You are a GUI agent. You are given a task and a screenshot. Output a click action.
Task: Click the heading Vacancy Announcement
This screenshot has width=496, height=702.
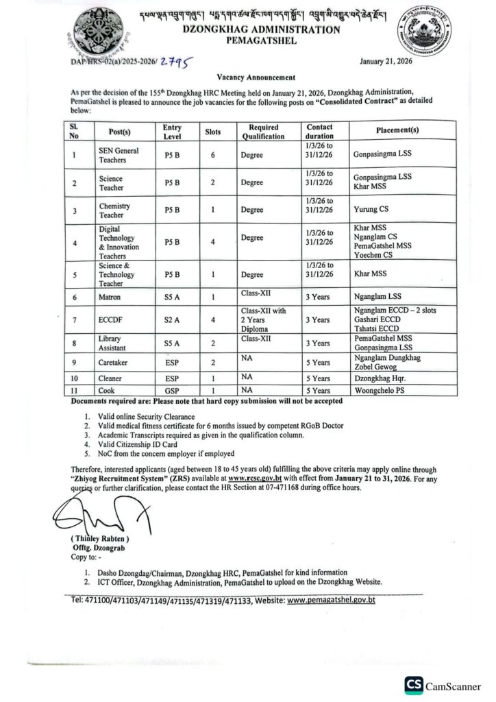click(x=247, y=79)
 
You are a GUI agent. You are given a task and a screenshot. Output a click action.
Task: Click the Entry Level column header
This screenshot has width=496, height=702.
click(x=172, y=131)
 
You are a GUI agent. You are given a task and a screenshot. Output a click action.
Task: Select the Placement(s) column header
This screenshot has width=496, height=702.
click(x=397, y=130)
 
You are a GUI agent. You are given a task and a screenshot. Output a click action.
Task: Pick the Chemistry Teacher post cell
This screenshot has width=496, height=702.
click(x=114, y=210)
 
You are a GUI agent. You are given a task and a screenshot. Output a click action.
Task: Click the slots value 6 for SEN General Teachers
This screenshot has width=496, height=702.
click(x=213, y=155)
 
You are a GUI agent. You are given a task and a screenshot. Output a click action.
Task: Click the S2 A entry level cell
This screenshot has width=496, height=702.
click(x=172, y=319)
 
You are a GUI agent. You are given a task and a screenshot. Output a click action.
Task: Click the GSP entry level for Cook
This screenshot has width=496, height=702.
click(x=172, y=389)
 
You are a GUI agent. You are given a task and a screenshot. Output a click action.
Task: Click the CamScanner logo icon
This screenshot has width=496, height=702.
click(x=414, y=684)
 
